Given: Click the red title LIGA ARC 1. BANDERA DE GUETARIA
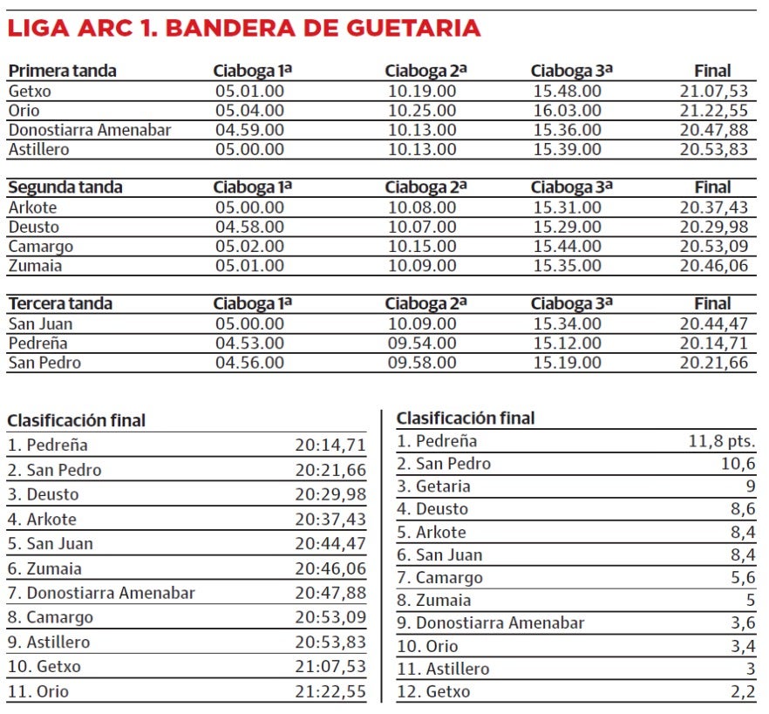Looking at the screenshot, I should [x=244, y=28].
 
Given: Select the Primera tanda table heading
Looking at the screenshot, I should [x=62, y=71].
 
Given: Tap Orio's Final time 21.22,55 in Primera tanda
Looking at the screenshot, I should [x=713, y=111].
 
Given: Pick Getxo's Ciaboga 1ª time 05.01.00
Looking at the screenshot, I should [x=249, y=91].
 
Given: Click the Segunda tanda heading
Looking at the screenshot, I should [x=65, y=187].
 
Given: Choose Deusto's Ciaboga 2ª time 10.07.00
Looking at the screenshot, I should [x=422, y=227].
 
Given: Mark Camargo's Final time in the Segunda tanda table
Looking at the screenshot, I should [x=713, y=246].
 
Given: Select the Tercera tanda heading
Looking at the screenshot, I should [x=60, y=303].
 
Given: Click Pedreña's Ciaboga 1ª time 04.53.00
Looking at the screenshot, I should [x=249, y=343].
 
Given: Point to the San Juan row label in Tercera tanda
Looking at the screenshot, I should [x=40, y=323].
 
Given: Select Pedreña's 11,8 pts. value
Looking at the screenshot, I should [x=722, y=441].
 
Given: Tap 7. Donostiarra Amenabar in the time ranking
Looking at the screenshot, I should [x=101, y=593].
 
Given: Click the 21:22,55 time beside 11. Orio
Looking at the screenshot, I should [x=330, y=692].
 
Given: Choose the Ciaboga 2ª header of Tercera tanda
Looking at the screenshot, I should [x=425, y=303].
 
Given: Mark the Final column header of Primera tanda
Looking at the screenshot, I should [x=712, y=71].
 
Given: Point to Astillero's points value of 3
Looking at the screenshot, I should [x=750, y=670].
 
